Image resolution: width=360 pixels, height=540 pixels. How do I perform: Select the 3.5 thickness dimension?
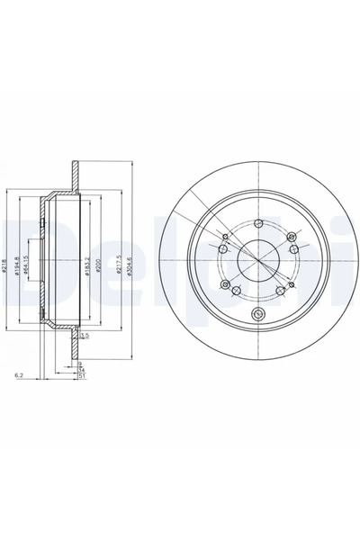click(85, 336)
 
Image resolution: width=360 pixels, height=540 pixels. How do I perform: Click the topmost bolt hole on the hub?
click(258, 224)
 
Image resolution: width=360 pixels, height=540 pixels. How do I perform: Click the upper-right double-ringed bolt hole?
click(291, 238)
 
